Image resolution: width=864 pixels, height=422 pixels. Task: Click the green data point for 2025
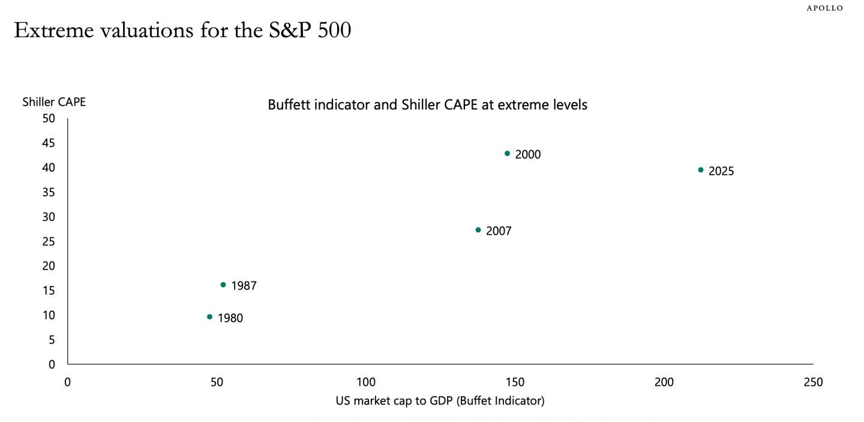[x=700, y=170]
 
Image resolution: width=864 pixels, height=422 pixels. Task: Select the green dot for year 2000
[x=507, y=154]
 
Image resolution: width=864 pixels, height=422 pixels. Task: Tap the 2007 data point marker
[x=478, y=230]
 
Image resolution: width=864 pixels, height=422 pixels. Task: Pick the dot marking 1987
[x=223, y=285]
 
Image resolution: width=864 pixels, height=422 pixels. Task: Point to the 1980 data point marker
[x=209, y=316]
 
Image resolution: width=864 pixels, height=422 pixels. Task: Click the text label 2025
[x=721, y=171]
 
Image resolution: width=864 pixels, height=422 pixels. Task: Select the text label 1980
[x=230, y=318]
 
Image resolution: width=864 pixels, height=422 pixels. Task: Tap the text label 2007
[x=499, y=231]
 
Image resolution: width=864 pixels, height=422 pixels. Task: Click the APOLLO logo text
[x=824, y=8]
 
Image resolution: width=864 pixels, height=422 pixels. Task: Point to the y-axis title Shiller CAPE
[x=54, y=102]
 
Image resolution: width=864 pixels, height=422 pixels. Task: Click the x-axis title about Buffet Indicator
[x=440, y=401]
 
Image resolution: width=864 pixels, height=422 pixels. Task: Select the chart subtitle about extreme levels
[x=427, y=105]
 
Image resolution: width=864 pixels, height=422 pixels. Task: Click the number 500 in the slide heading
[x=334, y=31]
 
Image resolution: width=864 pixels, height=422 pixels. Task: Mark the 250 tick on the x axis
[x=813, y=382]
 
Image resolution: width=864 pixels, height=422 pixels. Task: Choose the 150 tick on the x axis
[x=515, y=382]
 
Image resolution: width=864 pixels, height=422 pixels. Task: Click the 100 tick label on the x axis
[x=365, y=382]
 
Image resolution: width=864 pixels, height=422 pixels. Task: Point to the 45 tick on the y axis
[x=48, y=143]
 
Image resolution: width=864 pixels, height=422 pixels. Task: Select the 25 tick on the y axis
[x=48, y=241]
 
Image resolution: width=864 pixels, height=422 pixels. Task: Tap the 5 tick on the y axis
[x=52, y=340]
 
